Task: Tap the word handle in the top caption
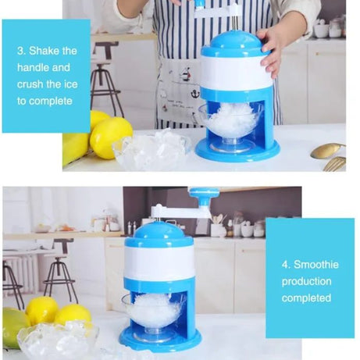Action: coord(34,68)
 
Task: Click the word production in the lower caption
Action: coord(306,281)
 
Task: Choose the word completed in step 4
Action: coord(306,298)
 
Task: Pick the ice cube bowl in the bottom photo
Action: coord(58,340)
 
